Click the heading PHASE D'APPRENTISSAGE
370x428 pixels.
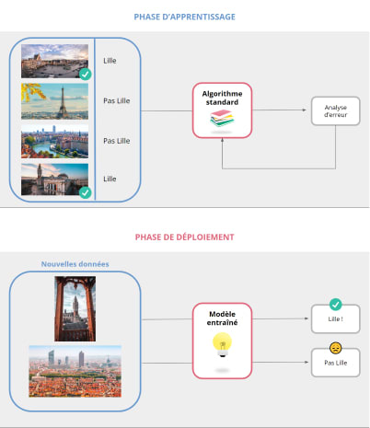tap(184, 17)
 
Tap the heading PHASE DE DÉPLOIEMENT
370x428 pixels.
tap(184, 237)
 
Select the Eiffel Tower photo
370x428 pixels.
tap(55, 101)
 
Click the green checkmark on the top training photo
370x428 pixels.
tap(85, 74)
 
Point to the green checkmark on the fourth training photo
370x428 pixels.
tap(85, 192)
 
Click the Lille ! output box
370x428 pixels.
tap(334, 319)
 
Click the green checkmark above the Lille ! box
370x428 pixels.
tap(335, 304)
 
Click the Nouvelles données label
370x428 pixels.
tap(75, 264)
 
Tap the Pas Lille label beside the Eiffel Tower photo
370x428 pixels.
tap(116, 101)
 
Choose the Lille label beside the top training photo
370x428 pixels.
tap(110, 61)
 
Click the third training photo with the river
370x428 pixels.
tap(55, 141)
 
